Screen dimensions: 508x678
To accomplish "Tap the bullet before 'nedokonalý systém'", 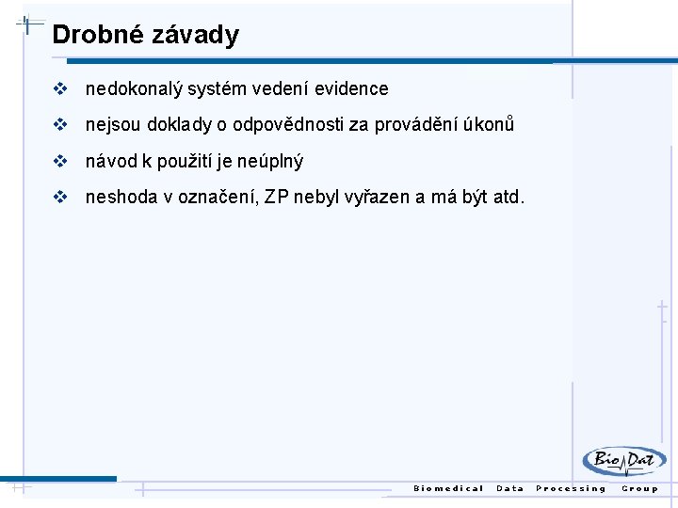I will (x=61, y=89).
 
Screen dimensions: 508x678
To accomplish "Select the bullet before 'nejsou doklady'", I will (x=61, y=125).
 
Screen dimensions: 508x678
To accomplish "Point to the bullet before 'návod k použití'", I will (x=61, y=162).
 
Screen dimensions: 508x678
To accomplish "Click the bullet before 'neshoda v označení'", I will (x=61, y=198).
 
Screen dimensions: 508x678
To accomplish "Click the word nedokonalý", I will (x=134, y=89).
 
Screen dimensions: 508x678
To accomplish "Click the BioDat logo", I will (x=623, y=461).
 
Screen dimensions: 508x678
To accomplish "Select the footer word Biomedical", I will (x=448, y=488).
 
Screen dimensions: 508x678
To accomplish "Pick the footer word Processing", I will (x=571, y=488).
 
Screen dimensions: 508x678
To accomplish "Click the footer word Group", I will (x=640, y=488).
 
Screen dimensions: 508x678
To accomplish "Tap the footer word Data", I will (x=509, y=488).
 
